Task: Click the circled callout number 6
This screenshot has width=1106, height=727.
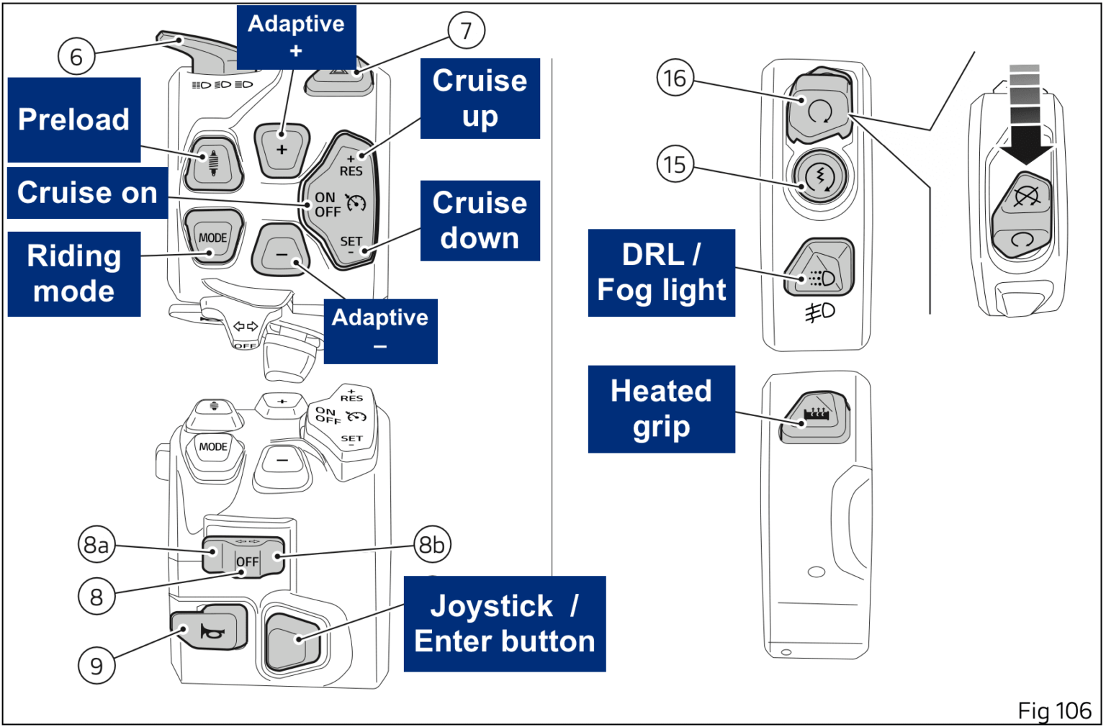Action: click(76, 57)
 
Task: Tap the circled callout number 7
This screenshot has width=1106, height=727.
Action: click(466, 31)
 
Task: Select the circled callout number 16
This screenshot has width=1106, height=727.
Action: click(675, 78)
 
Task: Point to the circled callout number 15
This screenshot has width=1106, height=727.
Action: click(675, 165)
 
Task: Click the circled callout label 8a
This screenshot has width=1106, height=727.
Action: click(96, 545)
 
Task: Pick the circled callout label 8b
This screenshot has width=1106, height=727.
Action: click(432, 545)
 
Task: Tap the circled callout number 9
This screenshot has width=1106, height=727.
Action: click(96, 666)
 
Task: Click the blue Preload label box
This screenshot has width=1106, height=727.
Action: click(74, 119)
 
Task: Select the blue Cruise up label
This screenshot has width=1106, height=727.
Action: click(480, 99)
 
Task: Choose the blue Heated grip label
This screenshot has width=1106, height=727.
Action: click(661, 409)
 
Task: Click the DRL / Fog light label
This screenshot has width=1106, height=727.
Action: click(661, 273)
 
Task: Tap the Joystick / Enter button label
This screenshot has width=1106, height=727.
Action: click(504, 624)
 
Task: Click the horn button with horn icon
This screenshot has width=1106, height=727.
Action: click(210, 628)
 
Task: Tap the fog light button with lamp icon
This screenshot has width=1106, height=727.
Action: click(819, 269)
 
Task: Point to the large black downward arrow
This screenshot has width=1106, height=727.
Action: click(1025, 144)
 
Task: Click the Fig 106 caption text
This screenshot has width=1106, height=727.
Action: click(1054, 711)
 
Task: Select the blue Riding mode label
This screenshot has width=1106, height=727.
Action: click(74, 274)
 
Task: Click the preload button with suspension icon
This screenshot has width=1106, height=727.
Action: click(214, 163)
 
